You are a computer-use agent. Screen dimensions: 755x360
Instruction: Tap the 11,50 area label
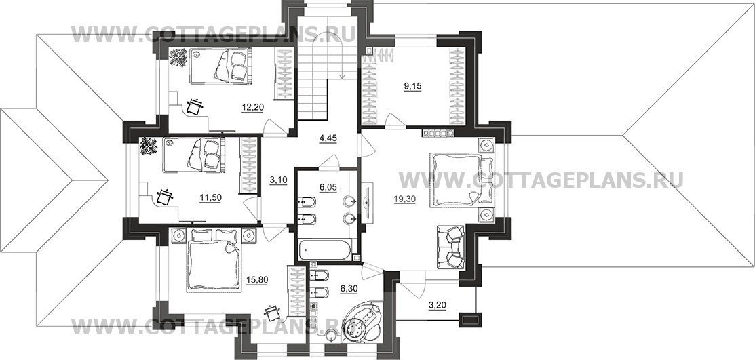pos(210,197)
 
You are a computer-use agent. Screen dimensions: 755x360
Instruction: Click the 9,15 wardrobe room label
pos(412,87)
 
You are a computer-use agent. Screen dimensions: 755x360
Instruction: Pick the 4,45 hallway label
pos(328,139)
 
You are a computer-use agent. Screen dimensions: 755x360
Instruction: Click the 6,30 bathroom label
pos(349,288)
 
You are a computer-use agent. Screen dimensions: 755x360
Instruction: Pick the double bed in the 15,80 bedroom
pos(213,260)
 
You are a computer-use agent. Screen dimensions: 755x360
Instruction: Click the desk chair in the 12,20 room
pos(194,106)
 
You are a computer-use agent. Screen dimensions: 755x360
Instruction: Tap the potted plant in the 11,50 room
pos(149,146)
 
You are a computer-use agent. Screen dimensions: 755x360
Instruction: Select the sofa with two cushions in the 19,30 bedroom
pos(450,247)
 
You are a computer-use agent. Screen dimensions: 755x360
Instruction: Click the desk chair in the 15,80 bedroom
pos(273,312)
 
